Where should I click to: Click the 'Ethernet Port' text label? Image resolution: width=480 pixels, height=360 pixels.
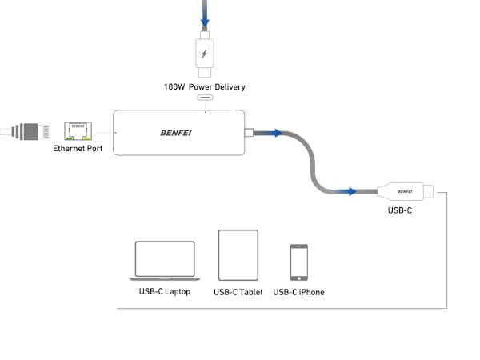[x=78, y=149]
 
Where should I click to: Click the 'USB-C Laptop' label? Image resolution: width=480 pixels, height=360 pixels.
[x=166, y=292]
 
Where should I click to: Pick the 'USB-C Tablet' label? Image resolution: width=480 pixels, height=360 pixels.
[x=238, y=292]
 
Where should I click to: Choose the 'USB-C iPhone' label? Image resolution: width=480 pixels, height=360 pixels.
[x=299, y=292]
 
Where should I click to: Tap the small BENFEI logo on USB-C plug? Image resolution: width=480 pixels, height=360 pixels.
[x=405, y=191]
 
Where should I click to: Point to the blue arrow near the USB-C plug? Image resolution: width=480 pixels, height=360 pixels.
[x=347, y=191]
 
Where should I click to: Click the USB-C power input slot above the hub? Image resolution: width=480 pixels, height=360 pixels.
[x=206, y=100]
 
